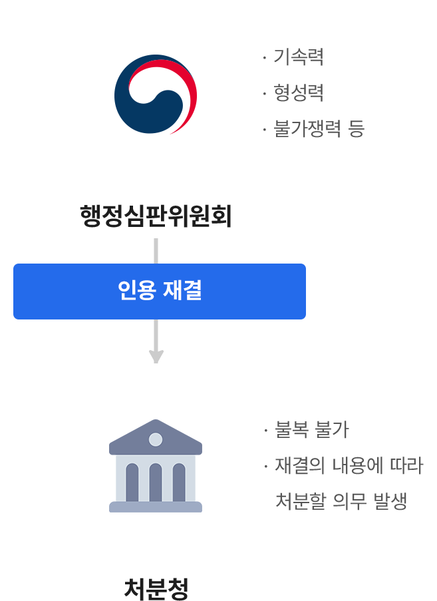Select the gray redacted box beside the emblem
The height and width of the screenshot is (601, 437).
point(316,93)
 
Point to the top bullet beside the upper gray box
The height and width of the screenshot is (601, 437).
point(265,58)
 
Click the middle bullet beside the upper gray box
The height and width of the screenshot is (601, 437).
point(265,93)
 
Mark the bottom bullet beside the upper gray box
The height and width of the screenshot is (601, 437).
point(265,128)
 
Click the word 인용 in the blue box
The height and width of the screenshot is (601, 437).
point(137,291)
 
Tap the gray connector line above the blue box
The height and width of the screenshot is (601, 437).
point(156,250)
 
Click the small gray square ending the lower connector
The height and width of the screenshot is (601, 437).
point(156,357)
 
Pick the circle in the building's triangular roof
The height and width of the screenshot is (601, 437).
point(156,439)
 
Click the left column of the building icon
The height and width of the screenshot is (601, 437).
point(132,481)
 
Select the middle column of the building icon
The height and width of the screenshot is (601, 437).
point(156,481)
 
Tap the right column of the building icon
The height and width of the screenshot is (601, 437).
point(179,481)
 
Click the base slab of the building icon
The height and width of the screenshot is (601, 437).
point(156,507)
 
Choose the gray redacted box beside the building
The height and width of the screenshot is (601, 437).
point(343,465)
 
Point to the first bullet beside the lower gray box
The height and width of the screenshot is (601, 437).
point(265,431)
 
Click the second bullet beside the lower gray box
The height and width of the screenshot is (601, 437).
point(265,465)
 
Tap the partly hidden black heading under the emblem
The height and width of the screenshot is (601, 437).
point(154,216)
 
